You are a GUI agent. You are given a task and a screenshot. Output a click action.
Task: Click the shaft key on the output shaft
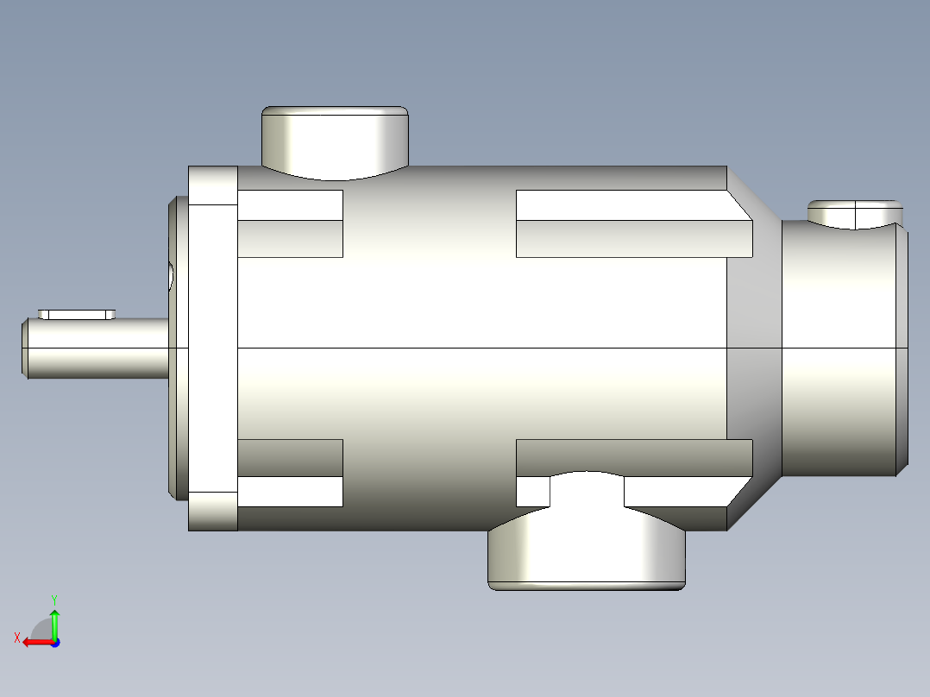[x=77, y=314]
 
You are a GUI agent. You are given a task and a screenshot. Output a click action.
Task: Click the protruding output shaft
[x=96, y=348]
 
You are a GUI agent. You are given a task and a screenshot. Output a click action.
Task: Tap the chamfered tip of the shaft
[x=25, y=348]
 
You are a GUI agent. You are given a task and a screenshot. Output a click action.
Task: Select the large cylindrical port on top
[x=335, y=142]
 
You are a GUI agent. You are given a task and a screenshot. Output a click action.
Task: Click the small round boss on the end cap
[x=855, y=214]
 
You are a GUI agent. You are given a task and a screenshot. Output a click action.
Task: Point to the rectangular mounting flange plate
[x=213, y=348]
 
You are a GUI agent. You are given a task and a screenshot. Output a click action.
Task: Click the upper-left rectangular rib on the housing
[x=290, y=223]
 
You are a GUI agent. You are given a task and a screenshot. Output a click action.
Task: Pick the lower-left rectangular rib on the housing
[x=290, y=473]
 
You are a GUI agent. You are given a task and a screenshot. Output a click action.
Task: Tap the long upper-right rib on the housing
[x=634, y=223]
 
